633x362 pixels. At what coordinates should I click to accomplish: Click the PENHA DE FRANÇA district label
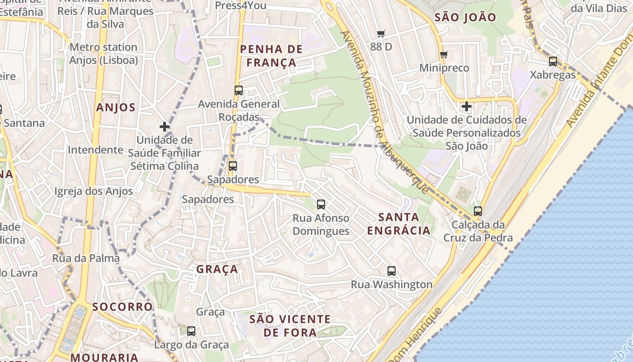(x=268, y=56)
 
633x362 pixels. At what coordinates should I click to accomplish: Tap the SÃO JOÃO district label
(x=465, y=18)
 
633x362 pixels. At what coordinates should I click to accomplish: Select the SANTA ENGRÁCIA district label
(x=398, y=224)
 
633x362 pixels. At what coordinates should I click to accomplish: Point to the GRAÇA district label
(x=217, y=269)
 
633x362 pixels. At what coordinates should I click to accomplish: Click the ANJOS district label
(x=116, y=107)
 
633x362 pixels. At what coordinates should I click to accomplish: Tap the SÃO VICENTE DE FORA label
(x=290, y=326)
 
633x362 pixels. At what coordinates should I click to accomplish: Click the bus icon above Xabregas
(x=553, y=62)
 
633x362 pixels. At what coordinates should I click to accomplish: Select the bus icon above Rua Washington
(x=392, y=271)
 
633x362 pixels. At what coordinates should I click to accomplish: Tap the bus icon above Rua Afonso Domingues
(x=321, y=205)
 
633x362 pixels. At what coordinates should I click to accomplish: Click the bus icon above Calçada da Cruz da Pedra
(x=478, y=211)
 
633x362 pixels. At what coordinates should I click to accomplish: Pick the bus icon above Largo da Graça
(x=191, y=331)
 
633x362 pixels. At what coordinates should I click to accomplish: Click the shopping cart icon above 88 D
(x=381, y=33)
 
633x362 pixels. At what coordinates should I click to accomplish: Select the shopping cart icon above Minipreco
(x=444, y=54)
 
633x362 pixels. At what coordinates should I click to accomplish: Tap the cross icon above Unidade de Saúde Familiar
(x=165, y=127)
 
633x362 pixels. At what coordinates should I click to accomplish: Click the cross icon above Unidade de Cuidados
(x=466, y=106)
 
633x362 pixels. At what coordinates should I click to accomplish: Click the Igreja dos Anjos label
(x=94, y=191)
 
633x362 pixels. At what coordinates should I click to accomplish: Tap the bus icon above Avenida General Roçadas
(x=239, y=90)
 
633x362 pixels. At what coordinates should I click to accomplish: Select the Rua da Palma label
(x=86, y=258)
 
